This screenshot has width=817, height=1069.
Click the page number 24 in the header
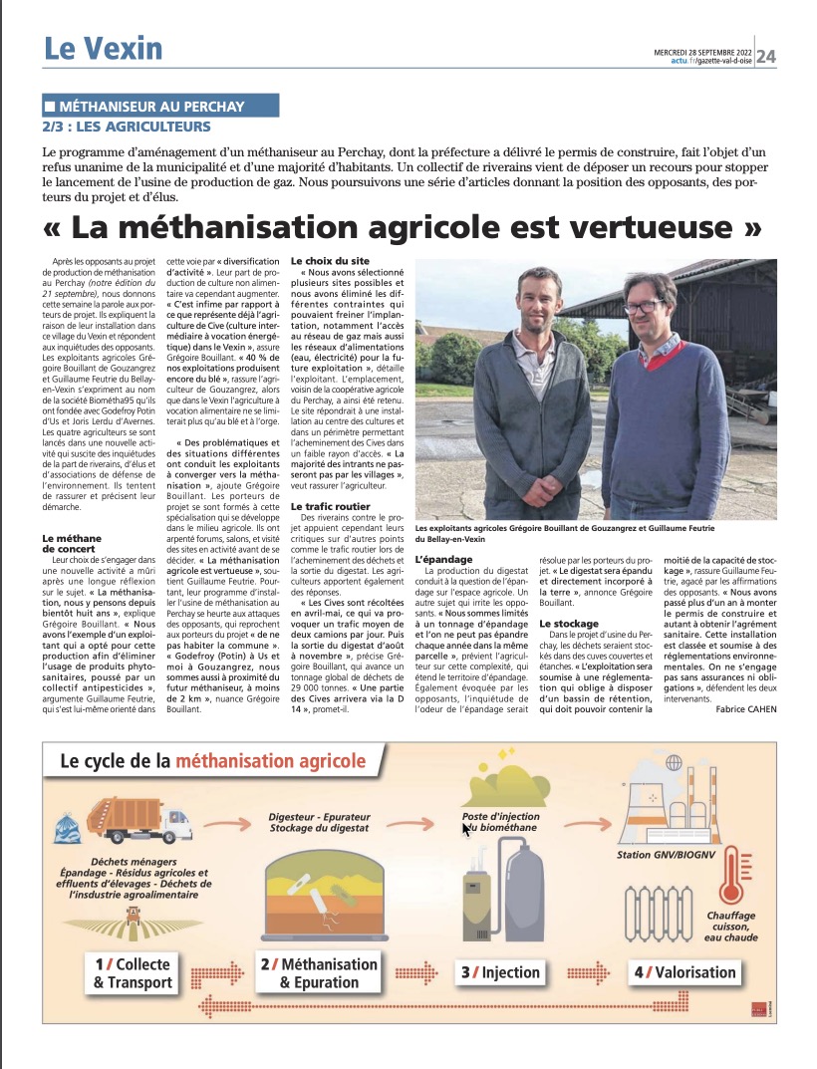pos(767,56)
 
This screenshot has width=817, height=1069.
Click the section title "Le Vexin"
pos(103,47)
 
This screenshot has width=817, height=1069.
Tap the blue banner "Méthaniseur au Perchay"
pos(160,106)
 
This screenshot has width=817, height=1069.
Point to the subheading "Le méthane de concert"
pos(72,543)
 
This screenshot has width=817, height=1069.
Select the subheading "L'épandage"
pos(437,559)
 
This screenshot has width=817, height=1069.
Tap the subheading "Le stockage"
pos(569,624)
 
